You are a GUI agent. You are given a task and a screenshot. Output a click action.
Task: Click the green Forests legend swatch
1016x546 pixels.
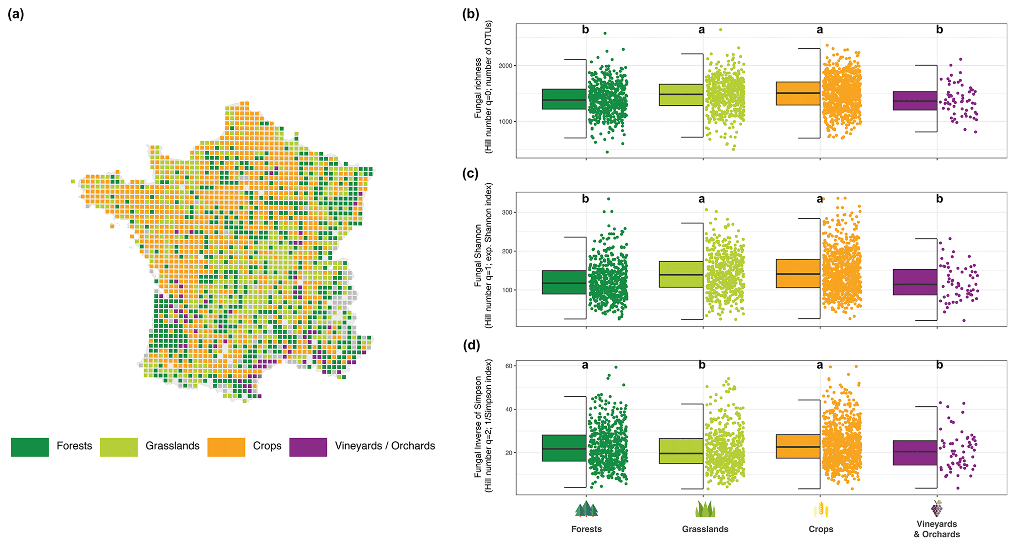(x=30, y=447)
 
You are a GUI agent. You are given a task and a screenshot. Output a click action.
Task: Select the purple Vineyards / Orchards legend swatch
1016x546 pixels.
(x=308, y=447)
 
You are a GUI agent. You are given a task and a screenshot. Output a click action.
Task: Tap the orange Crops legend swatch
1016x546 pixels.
(x=226, y=447)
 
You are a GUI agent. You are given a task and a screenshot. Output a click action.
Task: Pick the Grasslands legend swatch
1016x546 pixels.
(x=119, y=447)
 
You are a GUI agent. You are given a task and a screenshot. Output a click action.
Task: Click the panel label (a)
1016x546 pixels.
(x=16, y=14)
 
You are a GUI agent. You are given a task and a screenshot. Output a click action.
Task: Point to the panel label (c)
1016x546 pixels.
(x=471, y=174)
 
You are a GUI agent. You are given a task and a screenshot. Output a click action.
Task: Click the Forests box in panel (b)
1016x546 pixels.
(x=564, y=99)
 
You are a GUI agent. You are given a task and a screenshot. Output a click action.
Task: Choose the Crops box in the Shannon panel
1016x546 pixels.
(x=798, y=273)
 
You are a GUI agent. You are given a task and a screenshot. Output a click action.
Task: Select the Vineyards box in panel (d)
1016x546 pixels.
(x=915, y=453)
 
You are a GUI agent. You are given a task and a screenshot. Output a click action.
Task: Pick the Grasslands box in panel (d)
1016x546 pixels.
(x=681, y=451)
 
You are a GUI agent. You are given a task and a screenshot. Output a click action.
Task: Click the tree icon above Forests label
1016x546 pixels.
(x=586, y=509)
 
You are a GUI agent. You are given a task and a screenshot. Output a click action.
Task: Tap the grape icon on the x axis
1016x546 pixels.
(x=937, y=509)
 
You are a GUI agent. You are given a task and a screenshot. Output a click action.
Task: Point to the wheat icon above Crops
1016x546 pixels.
(x=821, y=510)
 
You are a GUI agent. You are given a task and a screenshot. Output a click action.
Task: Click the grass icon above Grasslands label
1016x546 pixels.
(x=705, y=509)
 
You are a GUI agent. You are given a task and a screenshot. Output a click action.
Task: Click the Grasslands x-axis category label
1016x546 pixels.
(x=705, y=529)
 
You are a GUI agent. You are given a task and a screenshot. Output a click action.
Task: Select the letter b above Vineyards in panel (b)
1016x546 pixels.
(x=939, y=29)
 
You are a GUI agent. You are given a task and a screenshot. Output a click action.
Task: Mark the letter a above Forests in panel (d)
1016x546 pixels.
(x=585, y=365)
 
